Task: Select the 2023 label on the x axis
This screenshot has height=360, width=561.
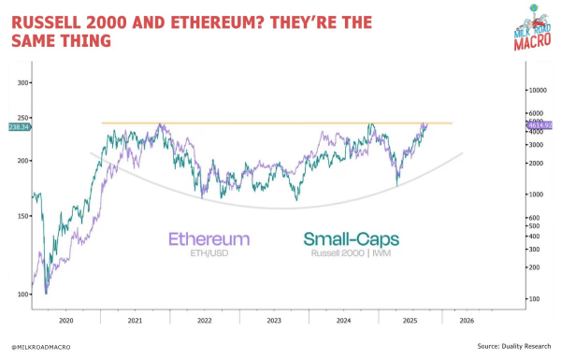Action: [x=274, y=319]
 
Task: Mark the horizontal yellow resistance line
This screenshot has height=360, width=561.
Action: [x=280, y=123]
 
